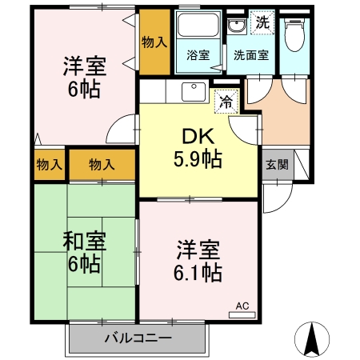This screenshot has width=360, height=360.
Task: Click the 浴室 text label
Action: point(198,56)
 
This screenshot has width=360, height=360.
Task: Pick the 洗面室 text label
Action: point(250,56)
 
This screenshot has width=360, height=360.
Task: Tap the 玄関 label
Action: point(278,166)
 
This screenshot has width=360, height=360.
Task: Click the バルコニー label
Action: point(138,338)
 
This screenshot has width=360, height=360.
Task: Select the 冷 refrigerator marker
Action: point(226,102)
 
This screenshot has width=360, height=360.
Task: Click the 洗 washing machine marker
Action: point(262,22)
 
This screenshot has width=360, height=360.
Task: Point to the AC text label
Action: point(242,304)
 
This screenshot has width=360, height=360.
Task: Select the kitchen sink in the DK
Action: point(194,91)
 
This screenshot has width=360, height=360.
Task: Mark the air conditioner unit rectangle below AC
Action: point(242,314)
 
